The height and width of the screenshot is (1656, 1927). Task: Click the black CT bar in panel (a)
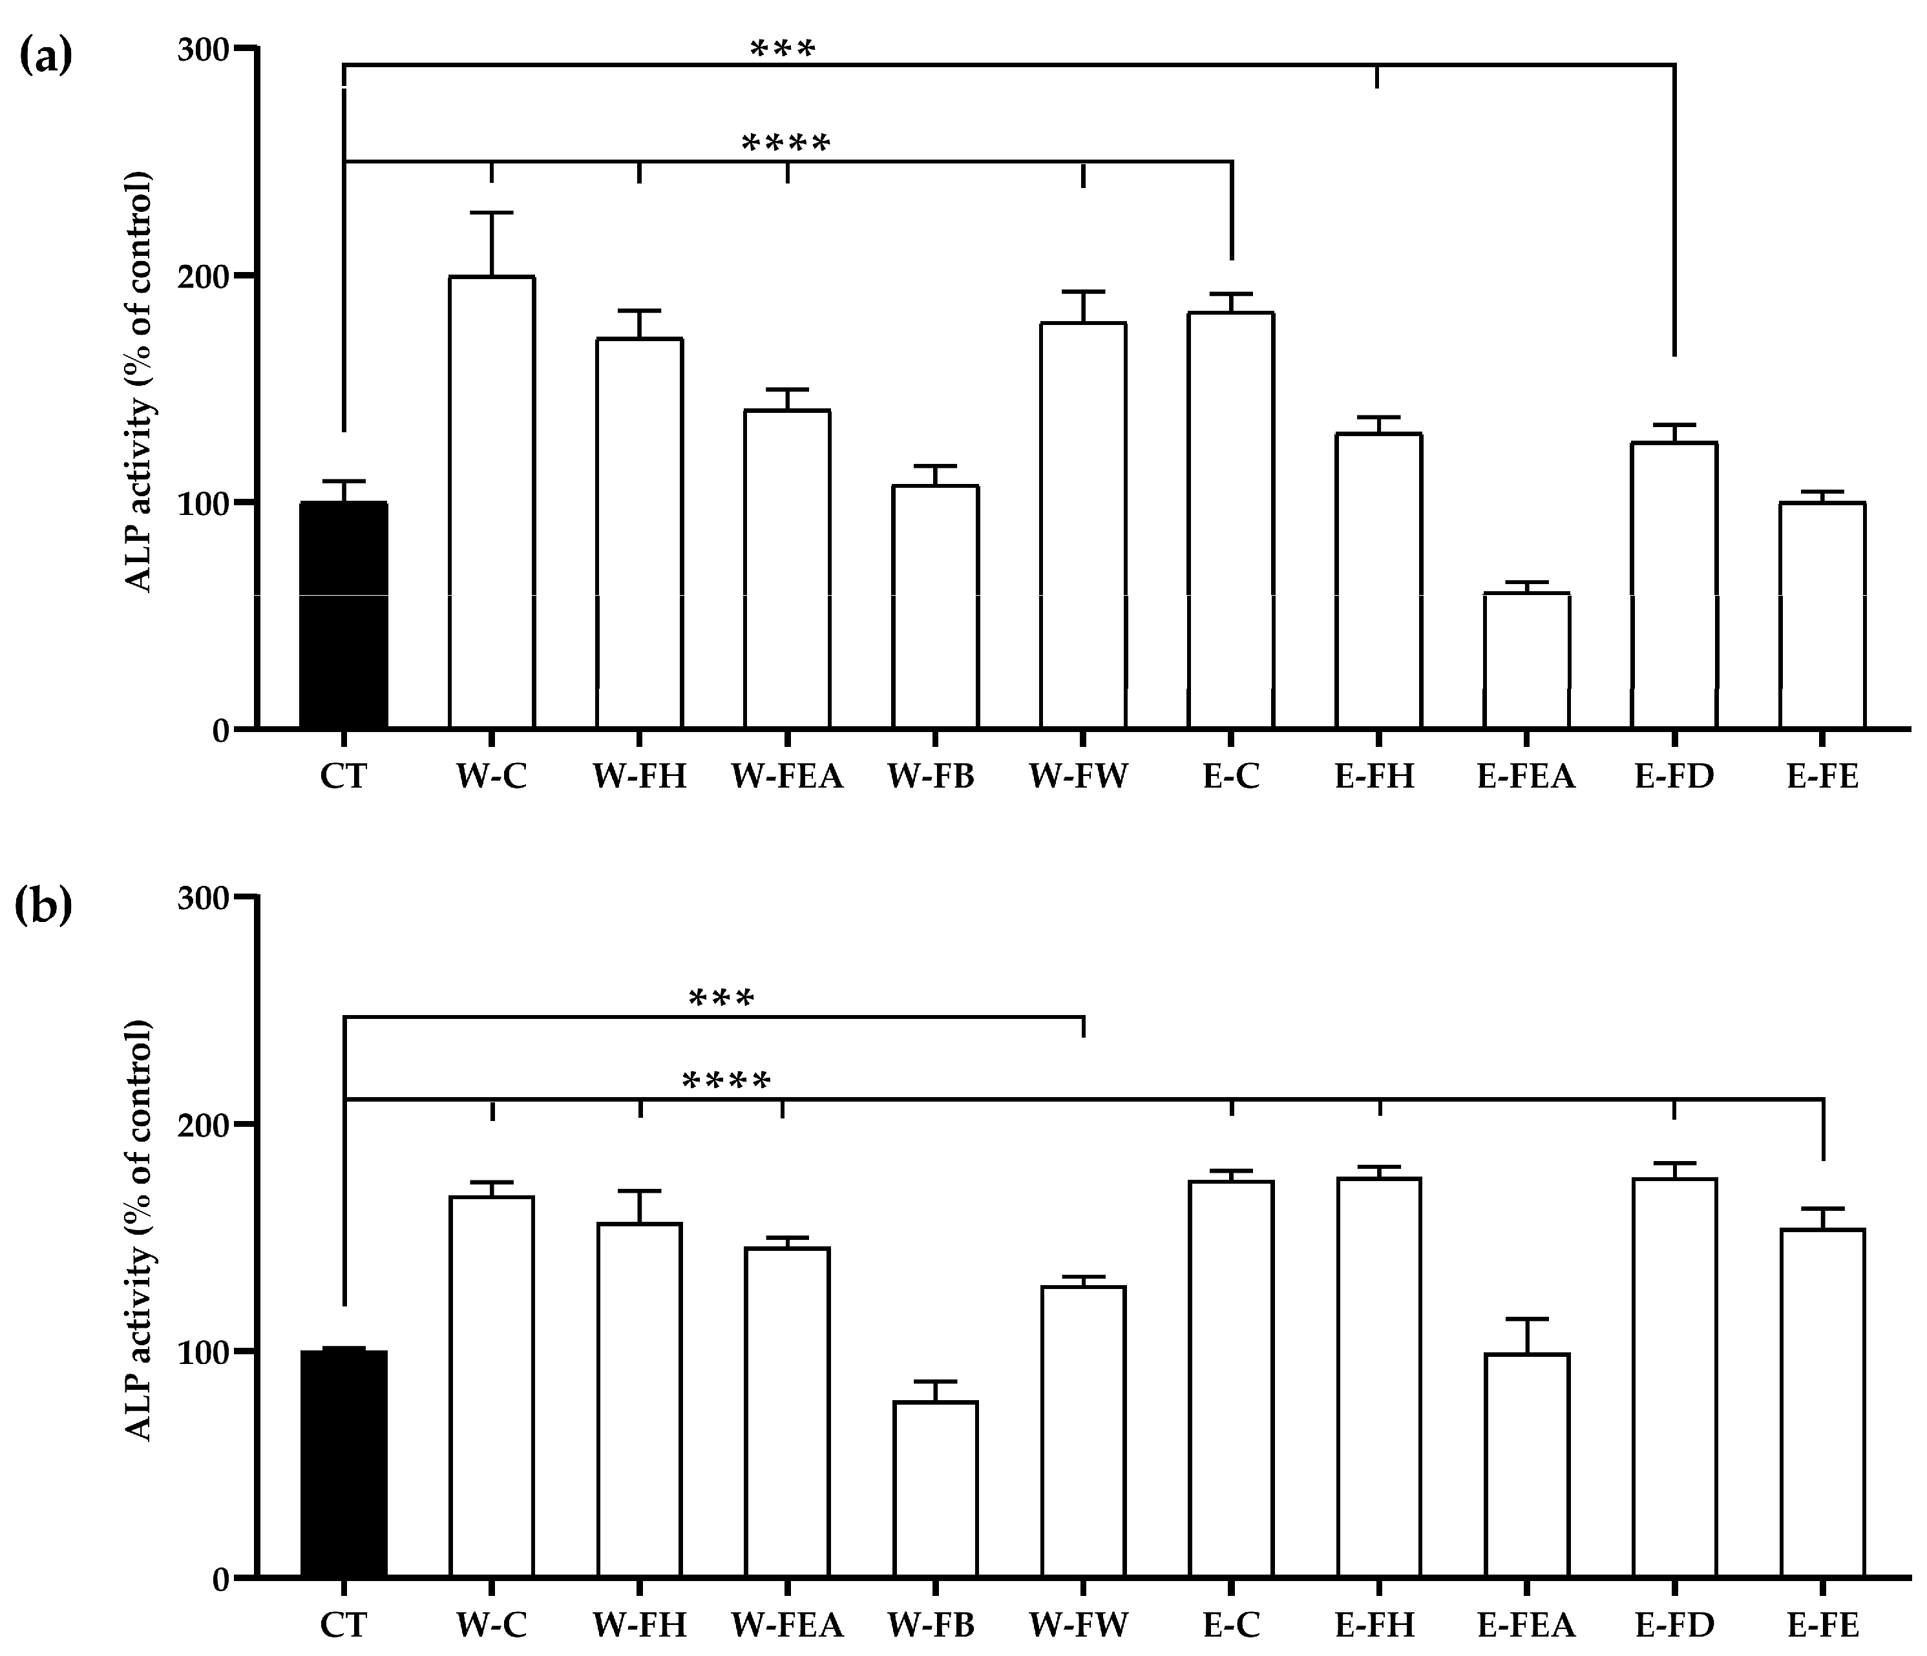343,614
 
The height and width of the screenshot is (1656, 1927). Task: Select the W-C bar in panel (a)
491,502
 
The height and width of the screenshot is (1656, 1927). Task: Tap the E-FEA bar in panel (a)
1526,660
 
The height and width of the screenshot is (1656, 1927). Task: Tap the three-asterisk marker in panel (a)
782,48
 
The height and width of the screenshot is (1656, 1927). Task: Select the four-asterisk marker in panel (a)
785,144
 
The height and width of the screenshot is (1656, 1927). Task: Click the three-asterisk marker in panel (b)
721,1000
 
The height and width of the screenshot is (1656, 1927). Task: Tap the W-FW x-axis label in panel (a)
1078,775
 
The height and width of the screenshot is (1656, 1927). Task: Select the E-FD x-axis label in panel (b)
1674,1624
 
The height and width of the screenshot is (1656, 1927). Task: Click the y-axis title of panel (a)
140,381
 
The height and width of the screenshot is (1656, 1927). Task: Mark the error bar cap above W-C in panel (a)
491,213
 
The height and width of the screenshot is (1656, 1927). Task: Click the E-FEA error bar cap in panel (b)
1526,1319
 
